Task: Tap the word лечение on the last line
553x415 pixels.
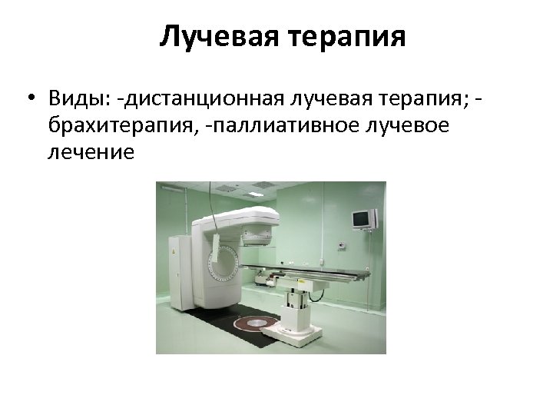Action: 91,152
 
